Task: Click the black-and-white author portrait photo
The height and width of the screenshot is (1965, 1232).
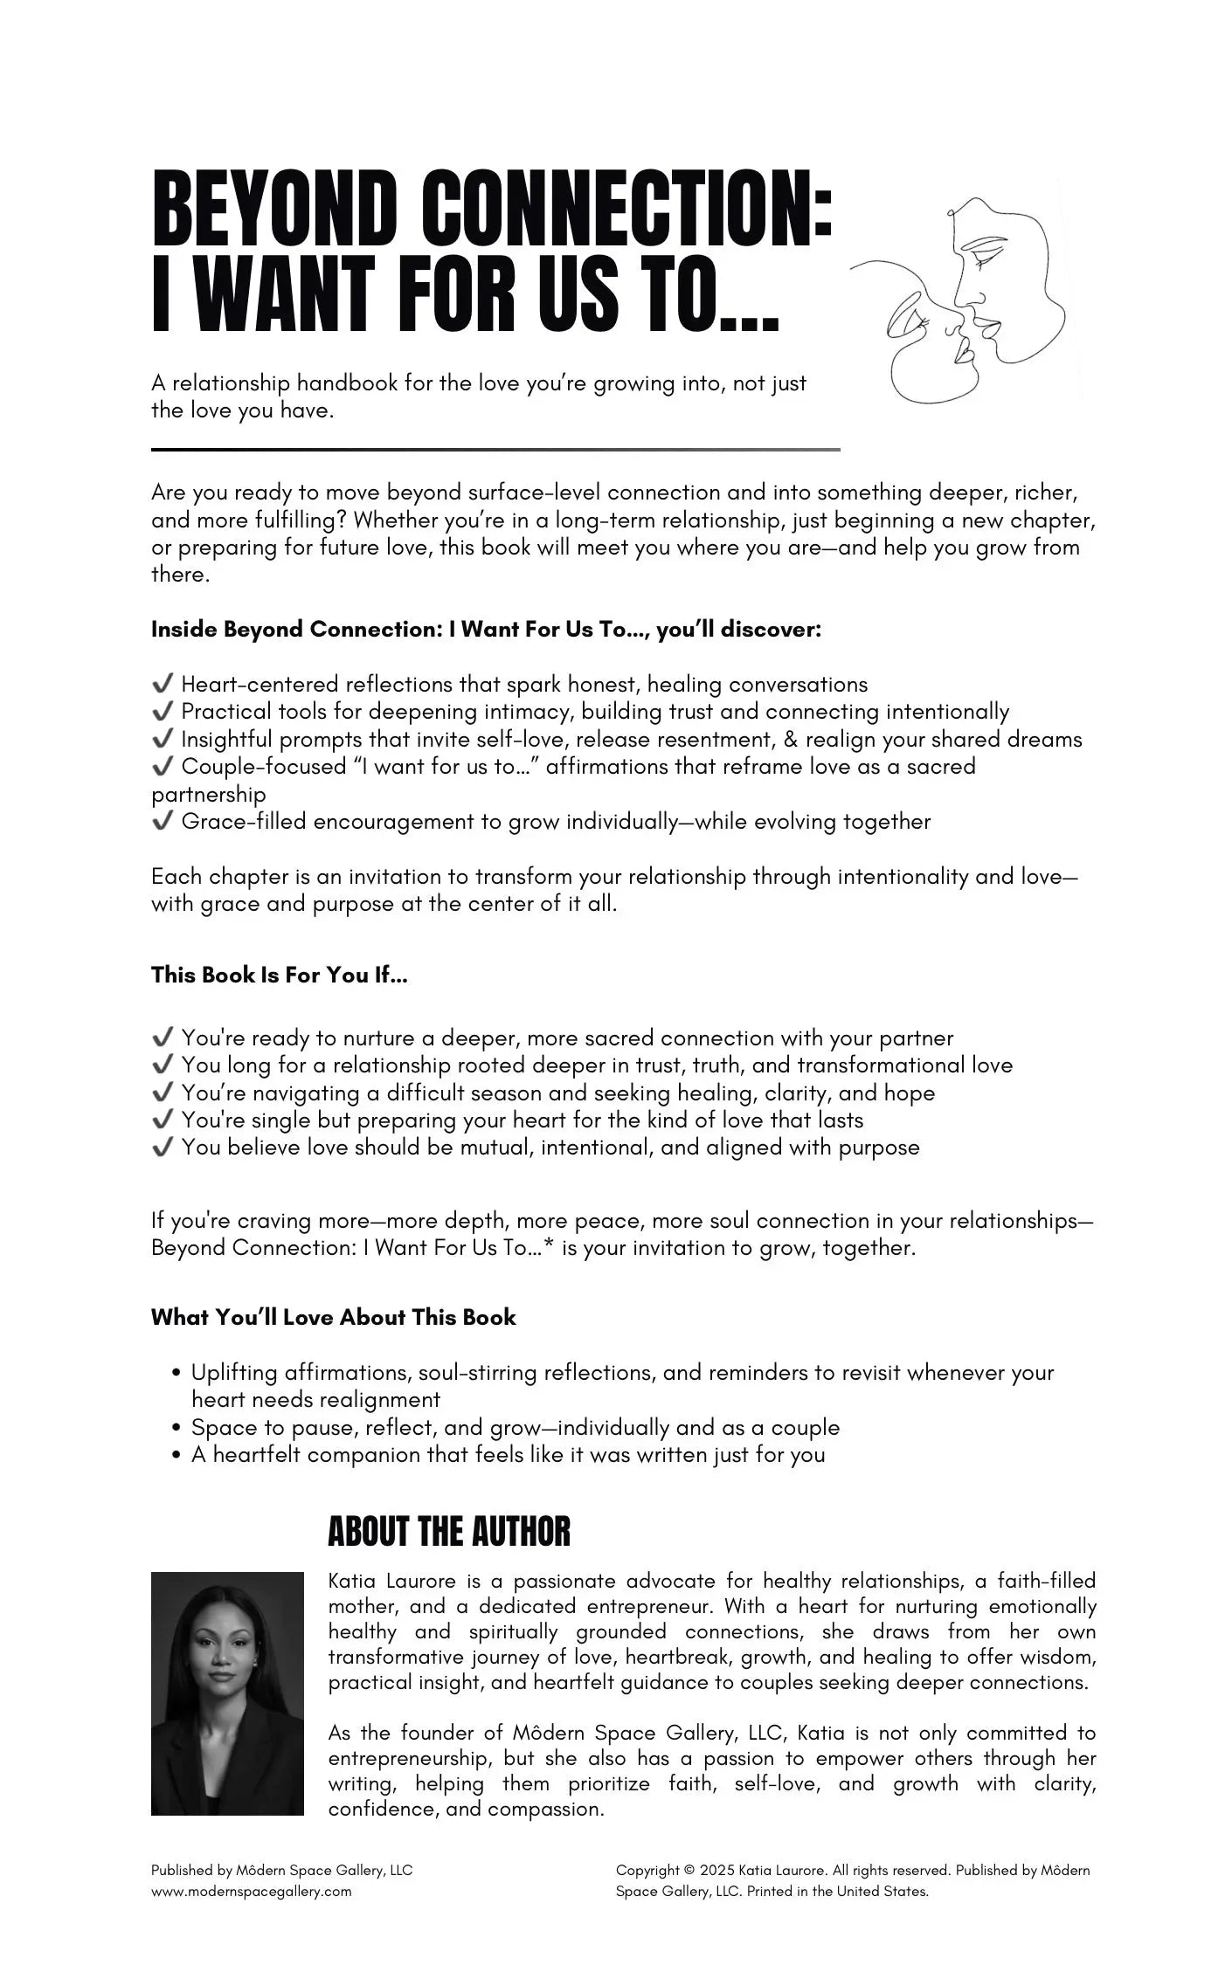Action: pos(227,1693)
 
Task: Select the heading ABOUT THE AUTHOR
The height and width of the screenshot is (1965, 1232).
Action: pos(449,1533)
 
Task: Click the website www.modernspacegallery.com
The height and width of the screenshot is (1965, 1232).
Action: pos(252,1892)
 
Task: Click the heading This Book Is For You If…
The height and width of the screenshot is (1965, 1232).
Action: pos(280,976)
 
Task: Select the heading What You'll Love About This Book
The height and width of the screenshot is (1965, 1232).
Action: pos(333,1318)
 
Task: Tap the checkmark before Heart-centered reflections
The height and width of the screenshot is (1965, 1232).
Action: pos(162,684)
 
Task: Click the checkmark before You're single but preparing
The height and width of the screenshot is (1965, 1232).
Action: pos(162,1120)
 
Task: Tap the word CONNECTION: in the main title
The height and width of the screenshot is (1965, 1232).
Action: pos(626,211)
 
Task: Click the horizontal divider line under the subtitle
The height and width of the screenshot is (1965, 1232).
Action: pos(495,450)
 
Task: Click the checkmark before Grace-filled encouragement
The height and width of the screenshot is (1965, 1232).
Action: pos(162,822)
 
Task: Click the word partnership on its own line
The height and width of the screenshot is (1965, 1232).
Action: pos(208,795)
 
